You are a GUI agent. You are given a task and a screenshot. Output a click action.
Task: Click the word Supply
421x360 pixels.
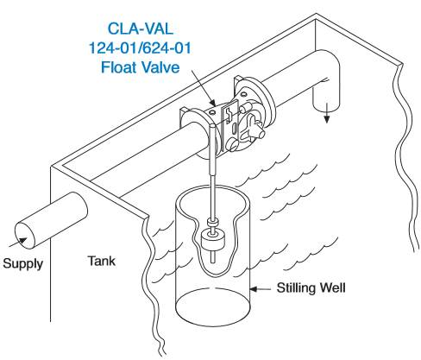coord(23,264)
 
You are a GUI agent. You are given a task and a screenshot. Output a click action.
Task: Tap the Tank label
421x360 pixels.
coord(102,261)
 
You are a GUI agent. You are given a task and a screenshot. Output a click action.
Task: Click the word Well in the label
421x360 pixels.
coord(333,287)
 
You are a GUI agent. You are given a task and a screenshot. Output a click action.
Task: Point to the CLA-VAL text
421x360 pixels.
coord(141,28)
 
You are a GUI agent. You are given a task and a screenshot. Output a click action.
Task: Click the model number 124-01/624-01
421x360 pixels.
coord(140,47)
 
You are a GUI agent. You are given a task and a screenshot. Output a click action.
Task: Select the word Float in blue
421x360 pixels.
coord(118,67)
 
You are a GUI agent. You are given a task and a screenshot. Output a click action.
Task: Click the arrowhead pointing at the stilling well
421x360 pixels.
coord(254,288)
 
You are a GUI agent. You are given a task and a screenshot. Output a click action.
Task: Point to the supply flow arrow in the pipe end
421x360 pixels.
coord(18,243)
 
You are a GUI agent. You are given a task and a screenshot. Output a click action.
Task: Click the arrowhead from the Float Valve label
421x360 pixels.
coord(212,103)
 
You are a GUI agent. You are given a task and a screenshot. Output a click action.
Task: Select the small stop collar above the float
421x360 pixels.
coord(213,223)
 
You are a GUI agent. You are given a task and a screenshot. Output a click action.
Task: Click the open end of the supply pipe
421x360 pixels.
coord(25,236)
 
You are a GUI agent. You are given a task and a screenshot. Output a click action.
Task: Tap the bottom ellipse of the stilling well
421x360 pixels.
coord(213,307)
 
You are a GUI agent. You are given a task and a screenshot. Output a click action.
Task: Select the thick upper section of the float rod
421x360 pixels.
coord(213,148)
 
